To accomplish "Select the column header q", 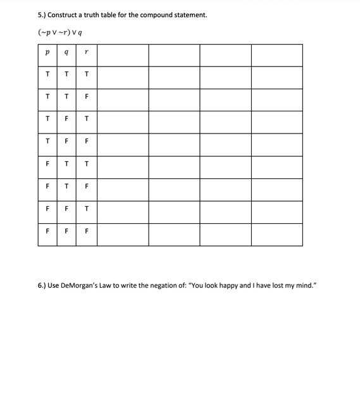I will point(67,55).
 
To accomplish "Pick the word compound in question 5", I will point(163,15).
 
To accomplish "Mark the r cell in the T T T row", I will point(87,75).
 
